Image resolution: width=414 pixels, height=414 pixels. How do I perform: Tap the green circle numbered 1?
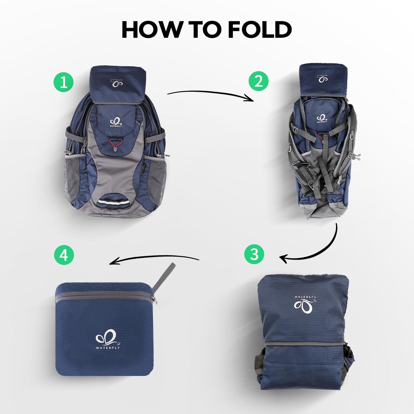64,82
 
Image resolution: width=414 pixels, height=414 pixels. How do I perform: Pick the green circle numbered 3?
254,254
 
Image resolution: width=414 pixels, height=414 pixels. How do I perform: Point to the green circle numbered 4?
64,255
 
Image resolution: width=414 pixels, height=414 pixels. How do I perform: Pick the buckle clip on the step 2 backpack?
356,156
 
